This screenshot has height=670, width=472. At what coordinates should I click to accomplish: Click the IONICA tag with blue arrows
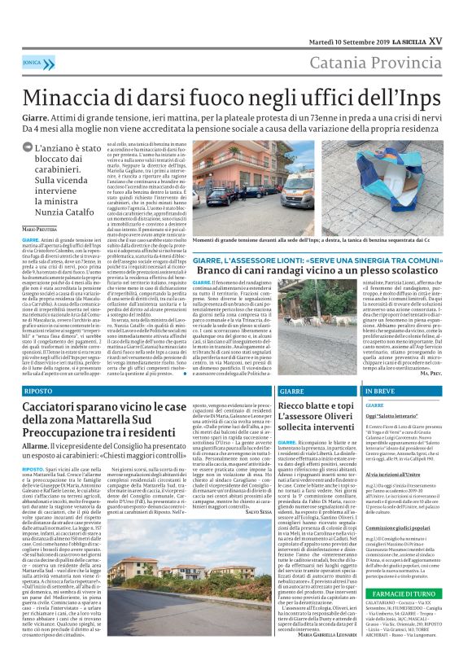(x=33, y=61)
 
